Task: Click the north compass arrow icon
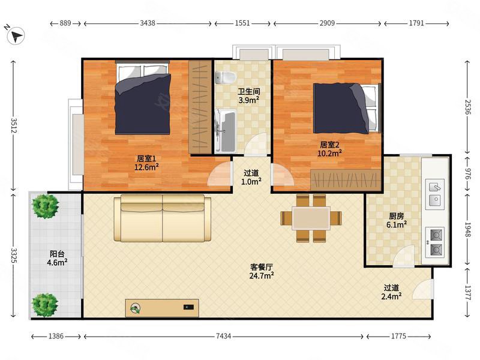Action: pos(16,35)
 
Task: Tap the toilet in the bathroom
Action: pos(225,77)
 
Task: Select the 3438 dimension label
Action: pos(148,23)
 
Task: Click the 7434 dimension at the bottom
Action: pos(223,336)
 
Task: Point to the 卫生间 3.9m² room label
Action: pos(249,95)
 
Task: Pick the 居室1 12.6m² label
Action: pos(146,163)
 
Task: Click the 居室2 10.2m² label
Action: pos(329,149)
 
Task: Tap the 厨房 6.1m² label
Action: pos(397,220)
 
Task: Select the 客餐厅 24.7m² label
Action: pos(262,272)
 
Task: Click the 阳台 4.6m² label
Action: pos(57,258)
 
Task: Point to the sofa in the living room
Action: pos(163,218)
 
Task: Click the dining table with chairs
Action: pos(311,218)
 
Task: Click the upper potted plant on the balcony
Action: pos(46,206)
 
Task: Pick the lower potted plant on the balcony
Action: pos(45,305)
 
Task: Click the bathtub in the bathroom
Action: pos(226,131)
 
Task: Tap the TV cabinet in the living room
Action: pos(162,308)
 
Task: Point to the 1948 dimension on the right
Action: pos(467,229)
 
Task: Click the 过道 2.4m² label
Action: pos(392,292)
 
